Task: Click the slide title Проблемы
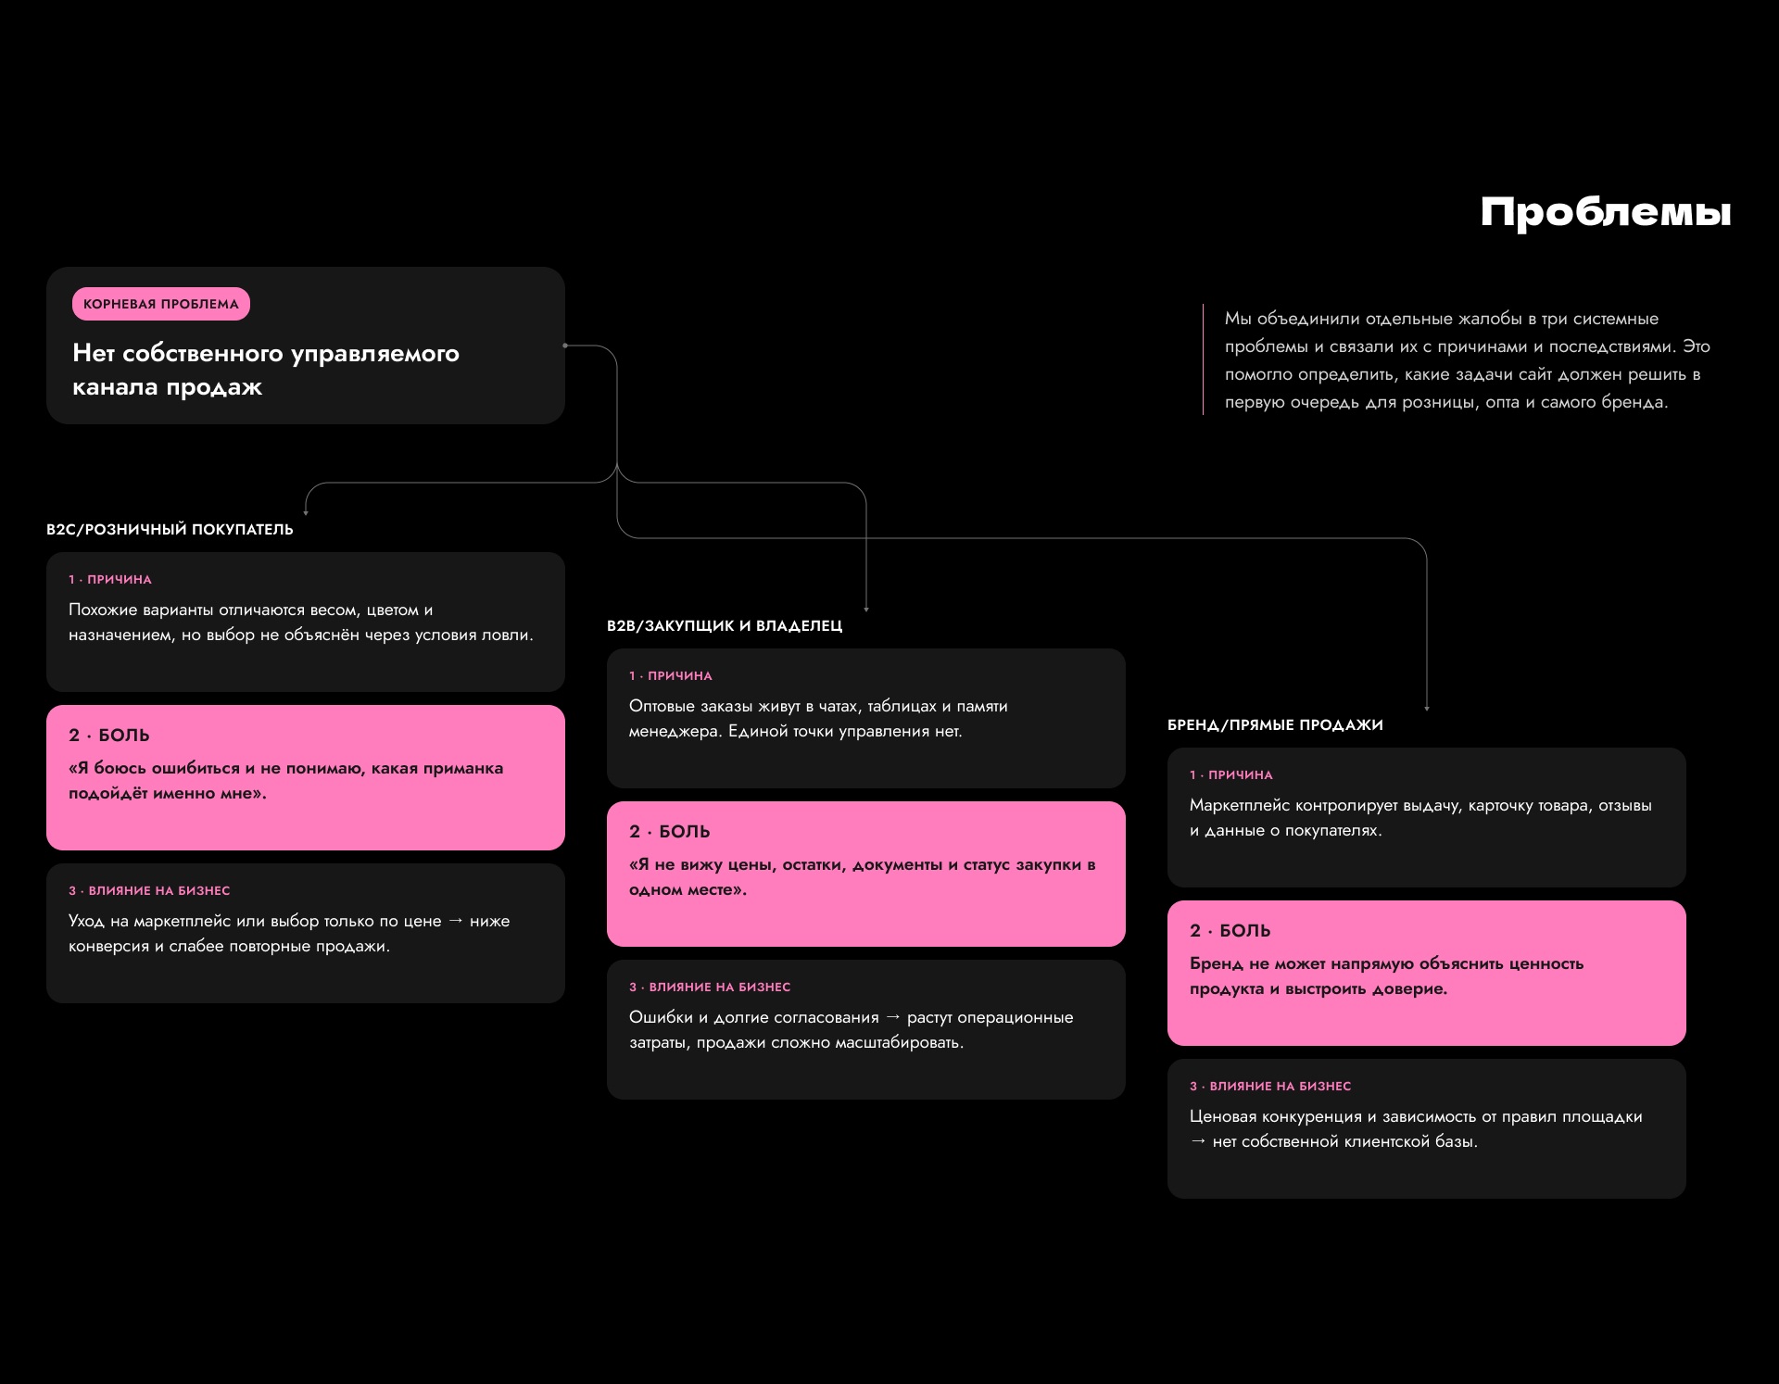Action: (1606, 212)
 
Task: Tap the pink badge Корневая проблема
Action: (161, 304)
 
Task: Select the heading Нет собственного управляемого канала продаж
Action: (266, 370)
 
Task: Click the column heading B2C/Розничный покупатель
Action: (170, 529)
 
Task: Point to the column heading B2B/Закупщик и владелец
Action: (725, 625)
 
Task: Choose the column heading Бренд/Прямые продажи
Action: (1275, 724)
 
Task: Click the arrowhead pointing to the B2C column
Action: (306, 512)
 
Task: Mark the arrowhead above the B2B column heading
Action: (866, 609)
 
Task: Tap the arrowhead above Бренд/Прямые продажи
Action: (1427, 708)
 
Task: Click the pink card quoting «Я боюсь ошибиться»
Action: (306, 777)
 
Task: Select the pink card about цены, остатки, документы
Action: (866, 874)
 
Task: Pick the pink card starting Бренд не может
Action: (1427, 973)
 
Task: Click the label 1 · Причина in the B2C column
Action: (110, 579)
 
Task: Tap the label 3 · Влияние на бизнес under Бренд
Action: (1270, 1086)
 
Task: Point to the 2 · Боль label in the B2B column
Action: (670, 831)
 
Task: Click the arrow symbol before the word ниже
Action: (456, 921)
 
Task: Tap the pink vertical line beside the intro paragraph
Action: (1203, 359)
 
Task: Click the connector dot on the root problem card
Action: (565, 346)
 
